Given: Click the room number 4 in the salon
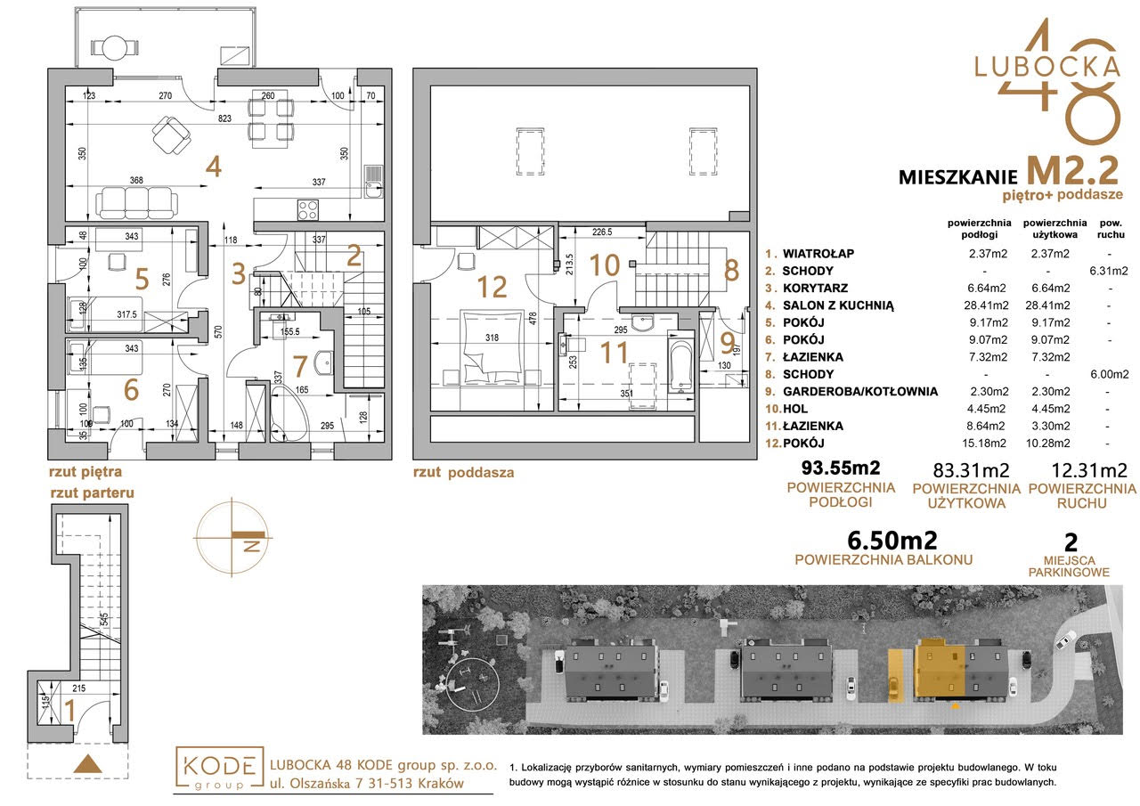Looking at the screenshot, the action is click(214, 167).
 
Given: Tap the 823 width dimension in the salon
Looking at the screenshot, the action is click(224, 118).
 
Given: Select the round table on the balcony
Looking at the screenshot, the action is click(115, 48).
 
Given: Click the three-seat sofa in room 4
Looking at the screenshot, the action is click(138, 202).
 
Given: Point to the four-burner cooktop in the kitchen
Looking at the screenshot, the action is click(308, 209).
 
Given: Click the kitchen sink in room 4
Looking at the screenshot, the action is click(373, 183).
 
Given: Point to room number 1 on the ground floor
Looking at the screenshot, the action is click(70, 711).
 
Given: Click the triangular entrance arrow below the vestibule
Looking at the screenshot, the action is click(88, 764).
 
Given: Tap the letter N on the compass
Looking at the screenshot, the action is click(252, 546).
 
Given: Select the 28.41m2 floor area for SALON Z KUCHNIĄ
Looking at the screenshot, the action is click(986, 305).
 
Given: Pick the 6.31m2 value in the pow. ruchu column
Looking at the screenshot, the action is click(1109, 271).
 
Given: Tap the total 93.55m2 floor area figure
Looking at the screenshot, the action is click(841, 467).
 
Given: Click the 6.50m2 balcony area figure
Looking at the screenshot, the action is click(892, 541).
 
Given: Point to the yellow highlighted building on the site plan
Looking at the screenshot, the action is click(940, 672).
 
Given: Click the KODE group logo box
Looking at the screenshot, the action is click(219, 769).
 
